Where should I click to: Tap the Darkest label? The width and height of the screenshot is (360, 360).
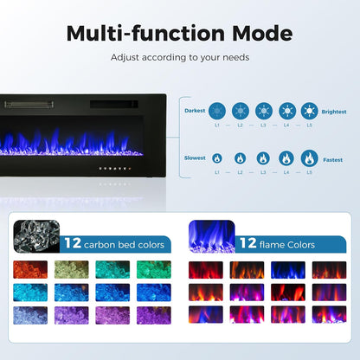195,111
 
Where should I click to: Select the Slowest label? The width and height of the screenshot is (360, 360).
195,158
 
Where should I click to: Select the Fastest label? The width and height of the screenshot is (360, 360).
334,158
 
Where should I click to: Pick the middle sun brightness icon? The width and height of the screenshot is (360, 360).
263,111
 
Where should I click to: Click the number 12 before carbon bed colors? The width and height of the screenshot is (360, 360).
72,243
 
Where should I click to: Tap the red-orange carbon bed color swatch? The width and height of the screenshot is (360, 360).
30,269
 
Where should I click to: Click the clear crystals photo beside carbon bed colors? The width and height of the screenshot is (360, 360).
36,236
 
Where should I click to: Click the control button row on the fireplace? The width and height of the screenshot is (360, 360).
112,170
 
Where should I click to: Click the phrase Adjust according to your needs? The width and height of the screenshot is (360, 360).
179,57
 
